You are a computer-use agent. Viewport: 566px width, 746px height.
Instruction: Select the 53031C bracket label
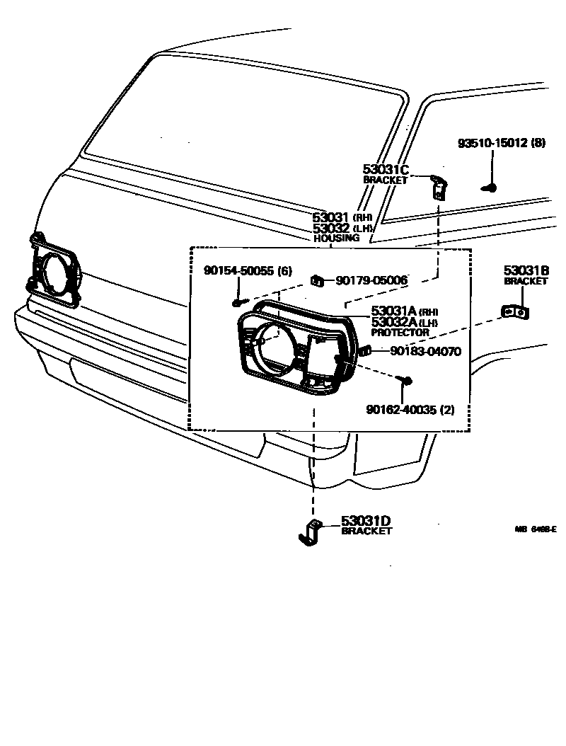point(386,169)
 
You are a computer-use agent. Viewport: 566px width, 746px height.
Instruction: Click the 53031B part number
point(526,270)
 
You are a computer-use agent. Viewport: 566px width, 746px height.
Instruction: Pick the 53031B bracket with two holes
point(516,311)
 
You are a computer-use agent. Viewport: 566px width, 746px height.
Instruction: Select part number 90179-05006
point(371,281)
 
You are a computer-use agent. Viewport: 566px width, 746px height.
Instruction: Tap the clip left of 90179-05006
point(318,281)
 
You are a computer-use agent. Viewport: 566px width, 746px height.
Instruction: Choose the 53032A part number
point(394,322)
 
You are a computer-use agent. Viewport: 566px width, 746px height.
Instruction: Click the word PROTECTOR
point(400,332)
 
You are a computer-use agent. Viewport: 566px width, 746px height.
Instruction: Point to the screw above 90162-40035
point(407,381)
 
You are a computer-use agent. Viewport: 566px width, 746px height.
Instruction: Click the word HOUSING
point(337,239)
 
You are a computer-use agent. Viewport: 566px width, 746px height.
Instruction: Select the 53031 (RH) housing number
point(333,217)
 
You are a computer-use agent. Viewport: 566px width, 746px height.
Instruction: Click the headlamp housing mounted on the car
point(55,272)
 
